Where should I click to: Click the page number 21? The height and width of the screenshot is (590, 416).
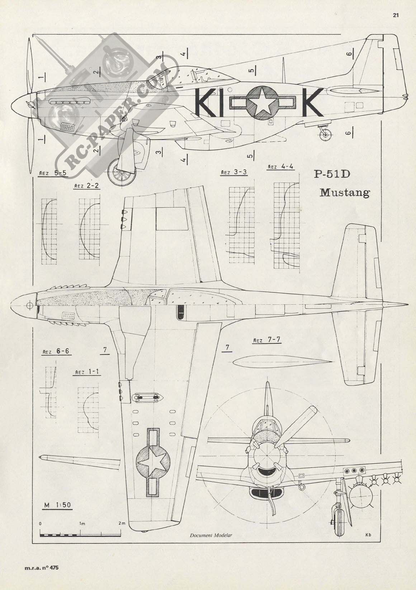pos(396,15)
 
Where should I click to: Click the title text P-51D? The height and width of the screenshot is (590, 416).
pos(332,175)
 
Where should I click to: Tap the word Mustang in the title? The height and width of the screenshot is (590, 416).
pos(345,193)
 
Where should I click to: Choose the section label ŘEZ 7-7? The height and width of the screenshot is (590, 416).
pos(267,340)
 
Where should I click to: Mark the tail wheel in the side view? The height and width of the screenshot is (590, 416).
pos(326,134)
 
